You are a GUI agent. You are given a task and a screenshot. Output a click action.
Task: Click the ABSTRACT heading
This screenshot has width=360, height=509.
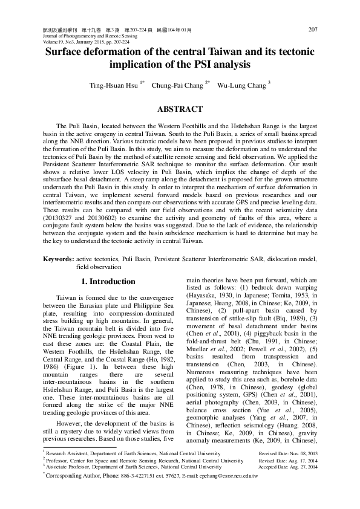point(180,109)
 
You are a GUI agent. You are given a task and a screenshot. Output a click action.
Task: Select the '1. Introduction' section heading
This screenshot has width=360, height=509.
point(108,282)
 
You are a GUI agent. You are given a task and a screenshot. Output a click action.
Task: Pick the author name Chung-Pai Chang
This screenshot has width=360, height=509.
point(177,86)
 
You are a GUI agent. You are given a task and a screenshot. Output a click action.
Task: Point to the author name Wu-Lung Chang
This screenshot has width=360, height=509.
point(241,86)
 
